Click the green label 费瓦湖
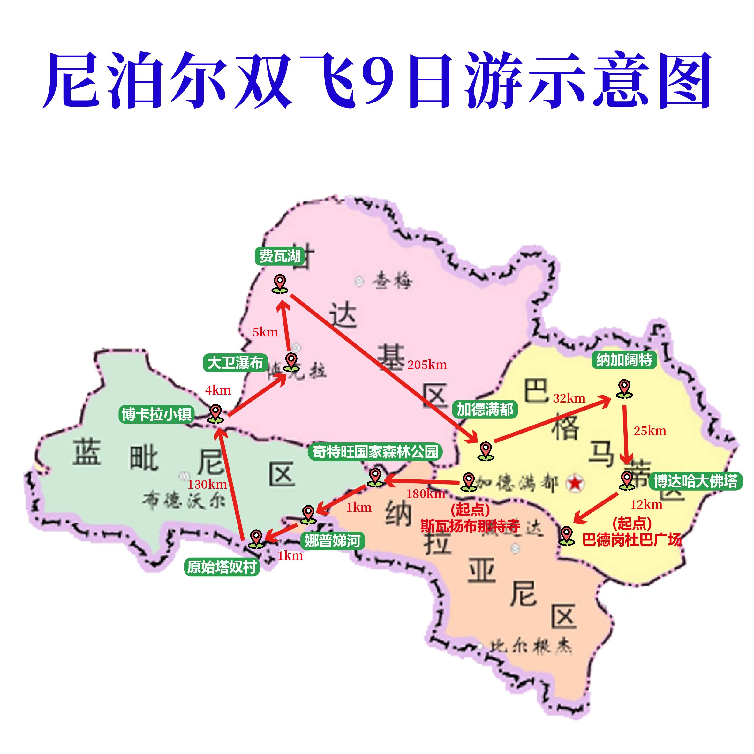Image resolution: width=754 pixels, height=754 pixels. pyautogui.click(x=280, y=256)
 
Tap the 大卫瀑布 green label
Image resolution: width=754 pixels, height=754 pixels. pyautogui.click(x=235, y=363)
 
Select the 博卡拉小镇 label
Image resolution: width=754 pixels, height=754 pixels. pyautogui.click(x=157, y=414)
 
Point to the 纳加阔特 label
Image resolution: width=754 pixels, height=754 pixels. pyautogui.click(x=624, y=360)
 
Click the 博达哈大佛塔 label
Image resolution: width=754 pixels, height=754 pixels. pyautogui.click(x=696, y=481)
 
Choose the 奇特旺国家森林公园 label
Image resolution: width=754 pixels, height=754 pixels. pyautogui.click(x=375, y=452)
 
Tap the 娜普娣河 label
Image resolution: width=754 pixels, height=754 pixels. pyautogui.click(x=332, y=541)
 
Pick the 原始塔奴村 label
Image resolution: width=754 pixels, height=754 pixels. pyautogui.click(x=222, y=567)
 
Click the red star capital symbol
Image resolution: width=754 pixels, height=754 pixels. pyautogui.click(x=575, y=483)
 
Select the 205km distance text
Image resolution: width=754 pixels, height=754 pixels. pyautogui.click(x=427, y=365)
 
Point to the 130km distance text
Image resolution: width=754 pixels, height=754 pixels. pyautogui.click(x=207, y=485)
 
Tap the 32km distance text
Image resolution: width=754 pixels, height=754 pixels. pyautogui.click(x=569, y=398)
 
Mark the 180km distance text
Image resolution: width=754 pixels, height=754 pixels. pyautogui.click(x=426, y=494)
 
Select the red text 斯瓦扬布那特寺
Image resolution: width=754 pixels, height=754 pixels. pyautogui.click(x=470, y=526)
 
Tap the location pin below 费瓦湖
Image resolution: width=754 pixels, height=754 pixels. pyautogui.click(x=280, y=284)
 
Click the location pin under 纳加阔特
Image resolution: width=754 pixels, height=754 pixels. pyautogui.click(x=624, y=389)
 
